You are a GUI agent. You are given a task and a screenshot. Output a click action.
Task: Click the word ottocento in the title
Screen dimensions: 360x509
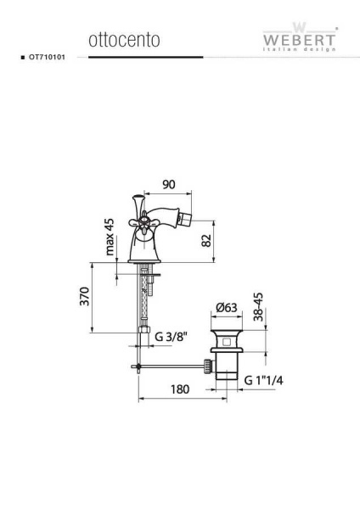(124, 40)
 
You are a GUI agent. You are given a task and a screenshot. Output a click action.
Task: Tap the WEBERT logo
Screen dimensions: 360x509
(299, 37)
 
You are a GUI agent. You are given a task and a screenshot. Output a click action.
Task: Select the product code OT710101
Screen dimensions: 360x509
(47, 57)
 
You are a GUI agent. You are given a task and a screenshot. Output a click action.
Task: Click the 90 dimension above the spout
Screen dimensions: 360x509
(169, 184)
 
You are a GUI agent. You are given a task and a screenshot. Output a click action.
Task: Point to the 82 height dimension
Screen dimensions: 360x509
(206, 241)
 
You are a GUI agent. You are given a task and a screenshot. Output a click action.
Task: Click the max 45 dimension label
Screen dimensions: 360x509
(110, 237)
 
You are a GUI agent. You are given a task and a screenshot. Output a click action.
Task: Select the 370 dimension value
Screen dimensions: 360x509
(84, 296)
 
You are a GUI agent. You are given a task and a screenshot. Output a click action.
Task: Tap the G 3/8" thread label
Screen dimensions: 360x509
(172, 337)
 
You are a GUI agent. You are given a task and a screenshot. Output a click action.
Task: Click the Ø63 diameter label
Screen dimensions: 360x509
(227, 307)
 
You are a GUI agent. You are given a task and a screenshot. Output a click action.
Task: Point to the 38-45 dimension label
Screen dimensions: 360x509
(258, 307)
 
